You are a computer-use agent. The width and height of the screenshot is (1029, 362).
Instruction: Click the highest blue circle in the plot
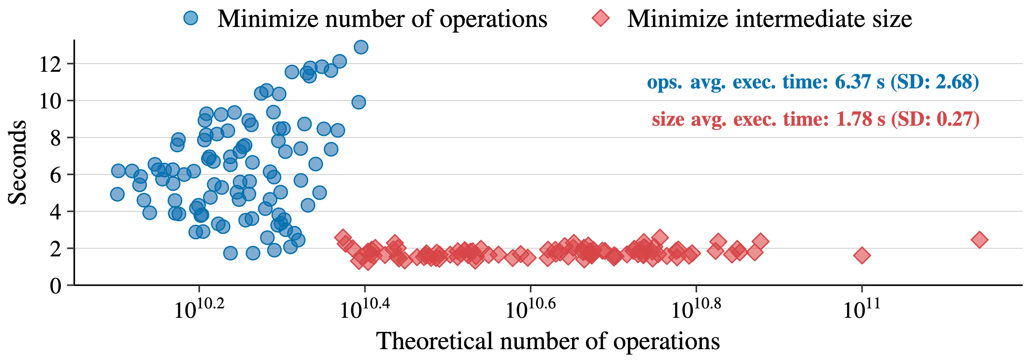click(x=361, y=47)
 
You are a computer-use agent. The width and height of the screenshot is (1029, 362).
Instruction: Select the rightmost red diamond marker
click(x=979, y=240)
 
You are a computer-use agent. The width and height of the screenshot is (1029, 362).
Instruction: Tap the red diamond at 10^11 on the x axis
click(x=862, y=255)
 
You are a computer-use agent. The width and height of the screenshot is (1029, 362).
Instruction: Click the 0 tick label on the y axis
click(x=56, y=286)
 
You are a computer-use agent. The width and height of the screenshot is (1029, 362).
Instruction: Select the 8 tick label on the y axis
click(x=56, y=138)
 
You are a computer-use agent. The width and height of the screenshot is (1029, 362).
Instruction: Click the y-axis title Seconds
click(x=17, y=162)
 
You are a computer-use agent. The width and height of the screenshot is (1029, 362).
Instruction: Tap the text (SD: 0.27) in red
click(x=935, y=119)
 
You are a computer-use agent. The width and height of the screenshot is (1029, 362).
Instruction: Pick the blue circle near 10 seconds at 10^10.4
click(x=358, y=102)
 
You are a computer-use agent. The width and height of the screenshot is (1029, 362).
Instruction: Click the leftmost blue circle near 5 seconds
click(x=117, y=194)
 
